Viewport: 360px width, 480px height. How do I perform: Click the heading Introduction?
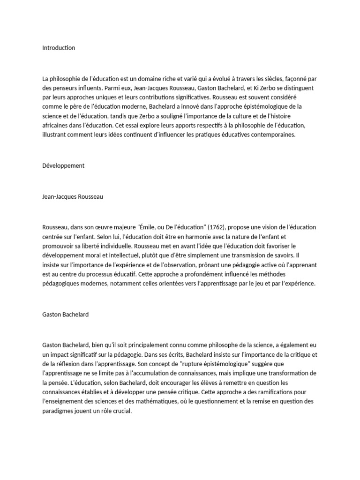tap(59, 48)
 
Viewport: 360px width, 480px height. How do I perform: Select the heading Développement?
tap(64, 165)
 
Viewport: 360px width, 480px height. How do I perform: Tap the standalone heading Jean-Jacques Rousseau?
tap(72, 197)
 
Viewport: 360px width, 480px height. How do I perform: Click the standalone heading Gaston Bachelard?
tap(65, 315)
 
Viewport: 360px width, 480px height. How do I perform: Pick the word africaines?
tap(56, 125)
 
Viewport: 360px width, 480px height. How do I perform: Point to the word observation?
tap(186, 265)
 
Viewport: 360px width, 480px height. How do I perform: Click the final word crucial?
tap(121, 411)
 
